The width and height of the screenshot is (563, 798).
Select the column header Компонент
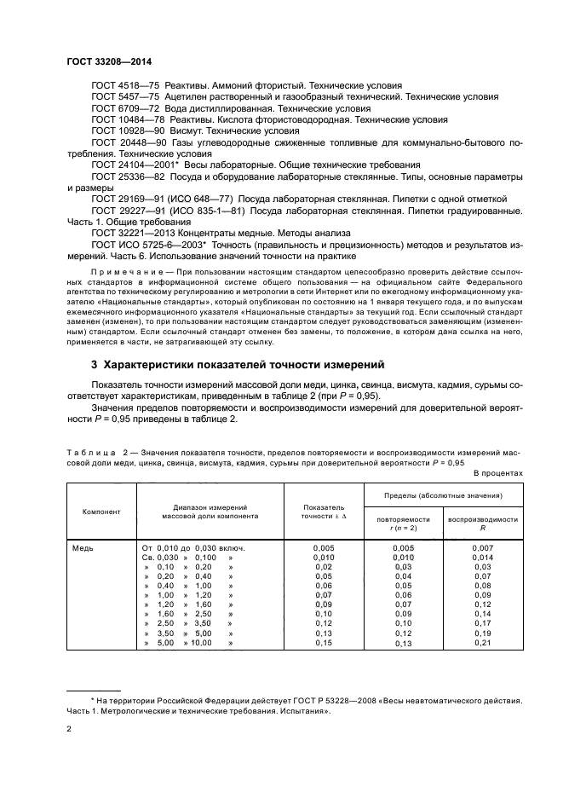101,512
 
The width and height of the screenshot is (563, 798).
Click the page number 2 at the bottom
69,729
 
